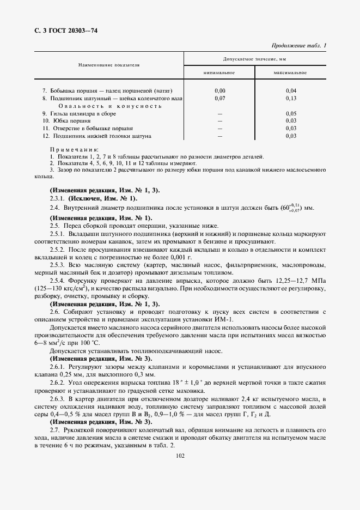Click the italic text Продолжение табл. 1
click(298, 46)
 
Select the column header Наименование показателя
click(109, 65)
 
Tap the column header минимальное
click(219, 72)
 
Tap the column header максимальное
click(290, 72)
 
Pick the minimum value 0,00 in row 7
click(220, 90)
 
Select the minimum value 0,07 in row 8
click(220, 98)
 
